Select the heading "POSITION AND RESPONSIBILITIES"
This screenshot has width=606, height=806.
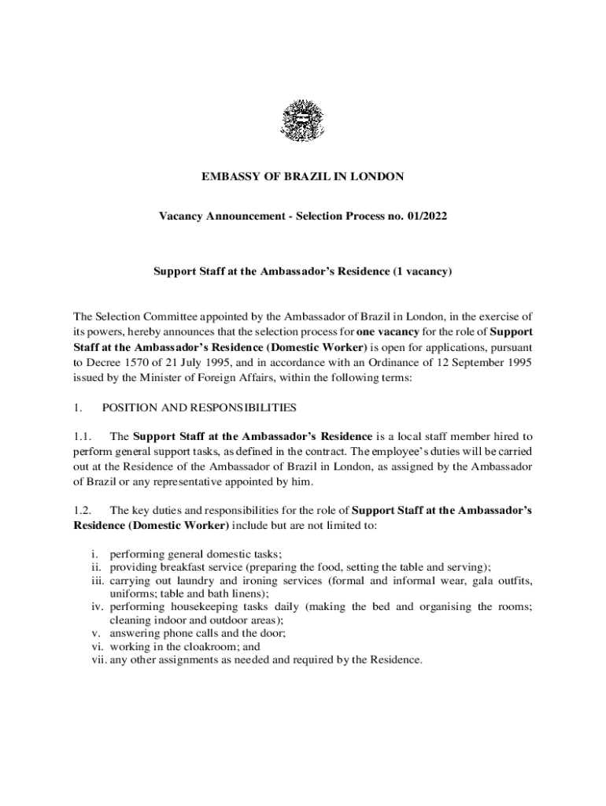(x=199, y=408)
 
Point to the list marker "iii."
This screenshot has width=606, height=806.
(x=97, y=580)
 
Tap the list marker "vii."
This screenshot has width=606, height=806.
(x=96, y=660)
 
